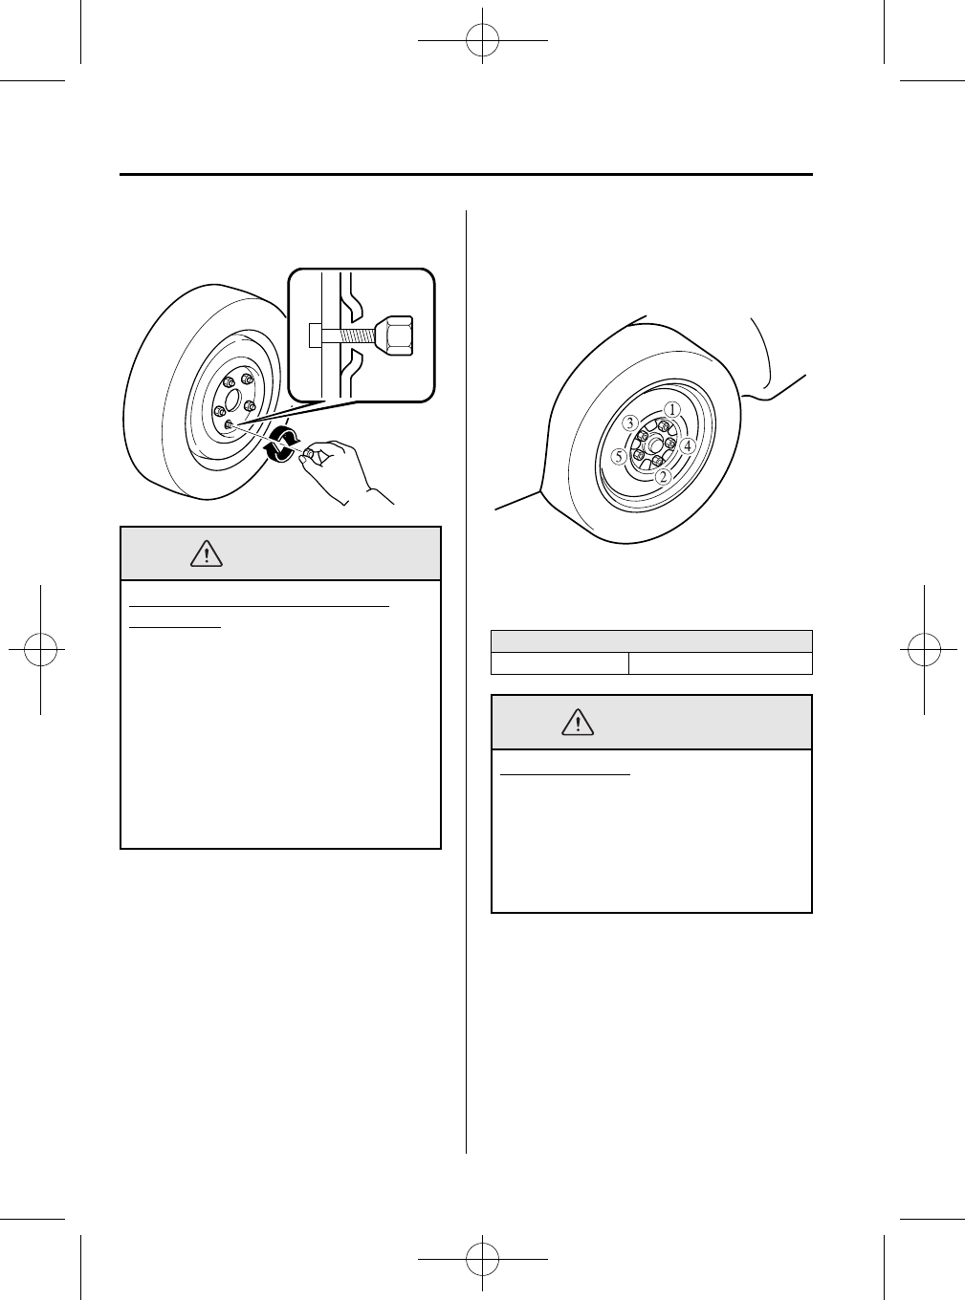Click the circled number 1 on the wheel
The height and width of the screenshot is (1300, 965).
671,409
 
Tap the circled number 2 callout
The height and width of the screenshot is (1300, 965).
662,475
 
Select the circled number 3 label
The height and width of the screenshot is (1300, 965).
629,422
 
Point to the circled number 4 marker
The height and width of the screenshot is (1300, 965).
687,444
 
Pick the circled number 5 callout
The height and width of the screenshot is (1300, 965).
620,457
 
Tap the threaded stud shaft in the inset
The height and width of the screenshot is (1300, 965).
354,336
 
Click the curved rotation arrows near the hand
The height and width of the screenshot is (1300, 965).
281,445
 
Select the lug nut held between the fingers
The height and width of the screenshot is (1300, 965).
309,457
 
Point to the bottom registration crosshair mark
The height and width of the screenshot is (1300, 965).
483,1259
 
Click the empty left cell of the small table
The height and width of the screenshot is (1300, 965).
559,664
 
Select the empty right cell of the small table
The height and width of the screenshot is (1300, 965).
720,664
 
